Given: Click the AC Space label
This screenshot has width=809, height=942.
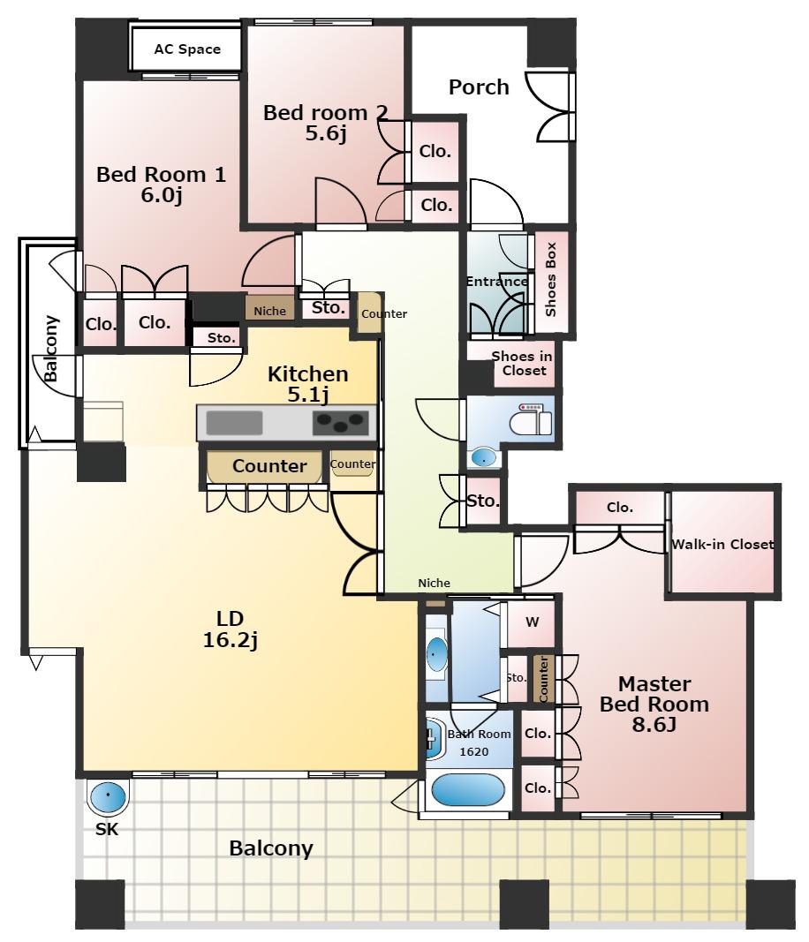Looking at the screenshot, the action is point(187,49).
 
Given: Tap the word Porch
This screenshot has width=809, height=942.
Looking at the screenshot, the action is point(479,87).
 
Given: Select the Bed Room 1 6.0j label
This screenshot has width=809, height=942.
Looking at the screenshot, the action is point(161,185).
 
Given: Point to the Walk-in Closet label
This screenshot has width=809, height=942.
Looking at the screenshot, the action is point(722,545).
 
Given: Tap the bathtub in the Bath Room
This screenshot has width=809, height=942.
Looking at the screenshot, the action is point(468,789).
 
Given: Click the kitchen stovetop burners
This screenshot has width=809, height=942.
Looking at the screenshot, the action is point(340,422).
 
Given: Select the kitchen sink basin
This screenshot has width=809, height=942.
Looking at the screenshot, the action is point(234,422).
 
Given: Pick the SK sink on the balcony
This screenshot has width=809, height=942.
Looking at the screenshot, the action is point(108,796).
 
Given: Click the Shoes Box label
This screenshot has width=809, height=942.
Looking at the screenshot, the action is point(550,279).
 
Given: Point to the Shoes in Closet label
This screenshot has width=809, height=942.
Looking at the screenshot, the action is point(522,364).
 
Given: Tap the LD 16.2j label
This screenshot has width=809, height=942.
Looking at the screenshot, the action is point(231,629).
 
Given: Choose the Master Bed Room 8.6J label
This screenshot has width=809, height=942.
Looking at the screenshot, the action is point(654,704).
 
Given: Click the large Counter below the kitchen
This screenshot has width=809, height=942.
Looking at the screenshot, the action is point(269,465).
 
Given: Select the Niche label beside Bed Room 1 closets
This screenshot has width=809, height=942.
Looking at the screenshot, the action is point(270,311).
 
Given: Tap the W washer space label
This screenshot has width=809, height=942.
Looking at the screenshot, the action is point(533,622).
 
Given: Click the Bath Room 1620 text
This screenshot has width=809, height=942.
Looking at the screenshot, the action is point(479,742).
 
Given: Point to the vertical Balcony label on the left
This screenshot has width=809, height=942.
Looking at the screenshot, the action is point(52,349).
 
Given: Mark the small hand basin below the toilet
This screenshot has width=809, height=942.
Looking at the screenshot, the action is point(484,458).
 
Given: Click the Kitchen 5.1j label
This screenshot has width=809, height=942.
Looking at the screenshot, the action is point(307,384).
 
